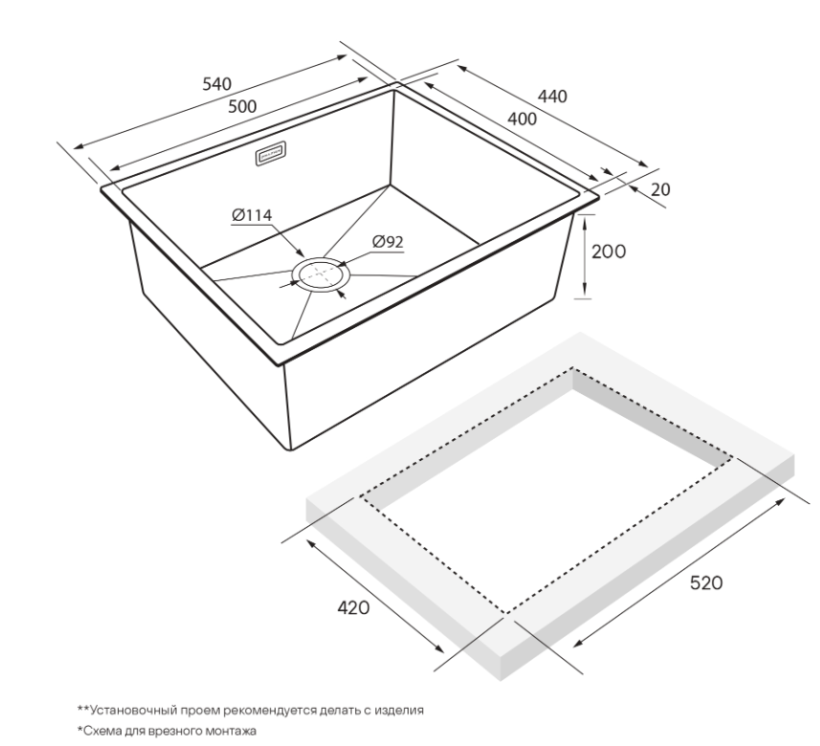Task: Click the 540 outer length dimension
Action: tap(216, 83)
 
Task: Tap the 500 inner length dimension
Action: tap(243, 107)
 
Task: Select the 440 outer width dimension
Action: tap(552, 97)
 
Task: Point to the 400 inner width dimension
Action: tap(521, 120)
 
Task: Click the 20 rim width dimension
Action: tap(660, 189)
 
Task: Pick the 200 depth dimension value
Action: tap(609, 252)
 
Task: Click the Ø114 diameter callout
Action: tap(252, 215)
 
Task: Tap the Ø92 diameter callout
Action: tap(388, 242)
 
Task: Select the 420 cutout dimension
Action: tap(353, 608)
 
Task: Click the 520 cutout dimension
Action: tap(706, 582)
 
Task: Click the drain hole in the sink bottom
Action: tap(321, 274)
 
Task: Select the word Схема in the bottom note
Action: tap(102, 731)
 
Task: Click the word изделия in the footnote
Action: tap(401, 711)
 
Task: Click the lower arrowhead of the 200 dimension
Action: tap(583, 291)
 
